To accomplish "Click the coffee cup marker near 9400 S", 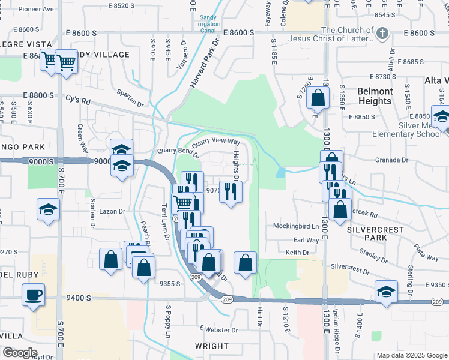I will tap(33, 295).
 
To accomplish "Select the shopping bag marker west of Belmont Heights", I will tap(318, 97).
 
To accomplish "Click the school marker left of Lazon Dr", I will tap(48, 210).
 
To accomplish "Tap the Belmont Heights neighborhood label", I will tap(375, 96).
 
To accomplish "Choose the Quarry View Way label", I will tap(216, 142).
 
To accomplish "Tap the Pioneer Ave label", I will tap(36, 10).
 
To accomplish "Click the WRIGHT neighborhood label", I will tap(212, 346).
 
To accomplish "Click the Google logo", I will tap(20, 353).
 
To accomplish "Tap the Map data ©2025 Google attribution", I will tap(412, 355).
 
